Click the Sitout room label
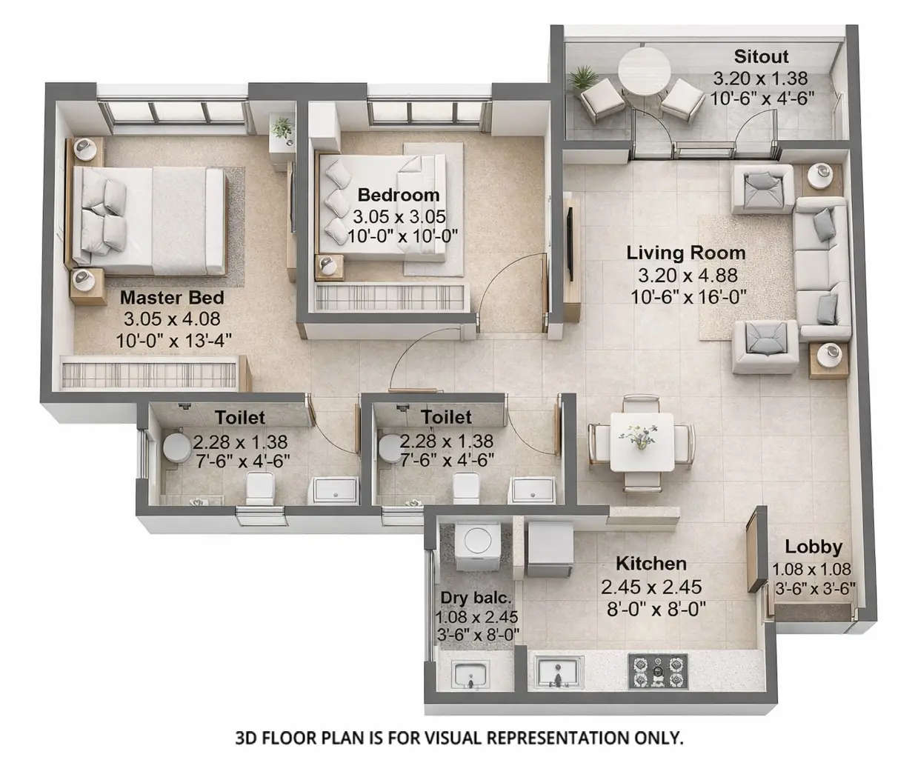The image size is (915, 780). pyautogui.click(x=761, y=56)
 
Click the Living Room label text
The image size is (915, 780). pyautogui.click(x=685, y=253)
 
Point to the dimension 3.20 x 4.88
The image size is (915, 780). pyautogui.click(x=687, y=276)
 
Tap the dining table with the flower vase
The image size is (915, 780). pyautogui.click(x=642, y=441)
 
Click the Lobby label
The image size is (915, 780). pyautogui.click(x=813, y=547)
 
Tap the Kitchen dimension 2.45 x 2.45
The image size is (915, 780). pyautogui.click(x=651, y=587)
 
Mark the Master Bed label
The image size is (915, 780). pyautogui.click(x=172, y=298)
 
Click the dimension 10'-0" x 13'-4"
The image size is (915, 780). pyautogui.click(x=173, y=341)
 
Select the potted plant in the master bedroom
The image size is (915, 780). pyautogui.click(x=282, y=127)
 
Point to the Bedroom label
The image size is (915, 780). pyautogui.click(x=398, y=195)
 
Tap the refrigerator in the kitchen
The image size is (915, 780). pyautogui.click(x=548, y=547)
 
